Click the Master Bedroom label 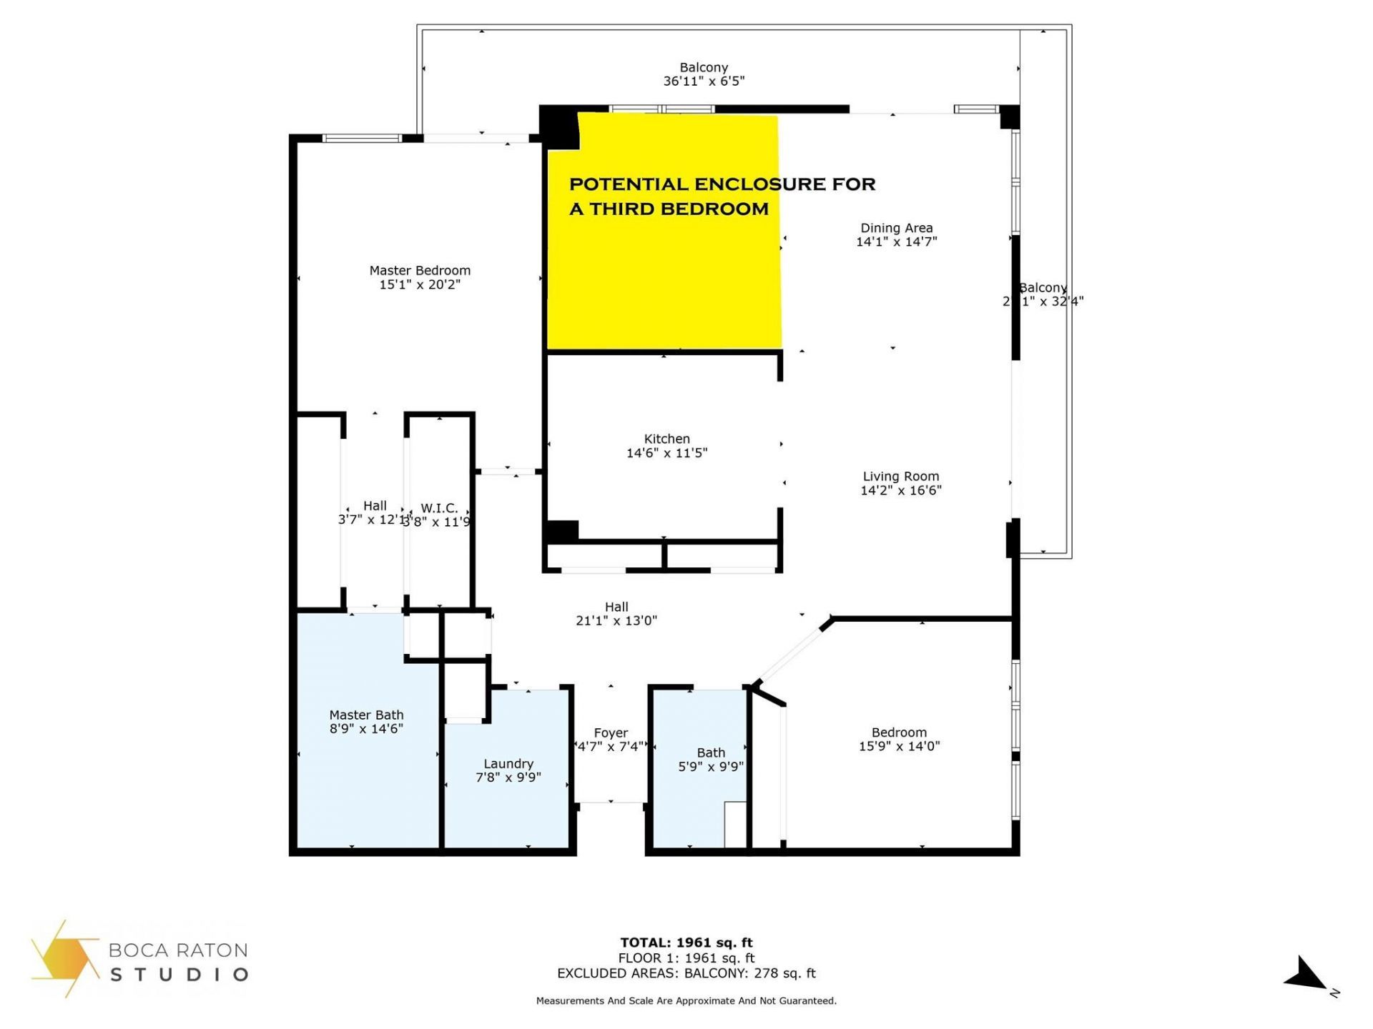(x=420, y=271)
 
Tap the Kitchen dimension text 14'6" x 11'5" (x=666, y=453)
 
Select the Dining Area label (x=896, y=228)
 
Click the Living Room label (x=900, y=477)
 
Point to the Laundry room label (x=508, y=764)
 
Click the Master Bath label (x=366, y=715)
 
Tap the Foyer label (x=611, y=733)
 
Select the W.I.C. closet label (x=438, y=508)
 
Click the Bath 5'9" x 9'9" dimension (x=711, y=767)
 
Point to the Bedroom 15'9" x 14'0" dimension (x=899, y=746)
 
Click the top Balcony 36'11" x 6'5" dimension (x=704, y=81)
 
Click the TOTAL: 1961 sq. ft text (x=686, y=943)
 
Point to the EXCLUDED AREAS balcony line (x=686, y=973)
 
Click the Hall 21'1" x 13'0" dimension (x=616, y=621)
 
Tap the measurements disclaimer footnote (x=686, y=1001)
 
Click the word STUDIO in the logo (x=178, y=975)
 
